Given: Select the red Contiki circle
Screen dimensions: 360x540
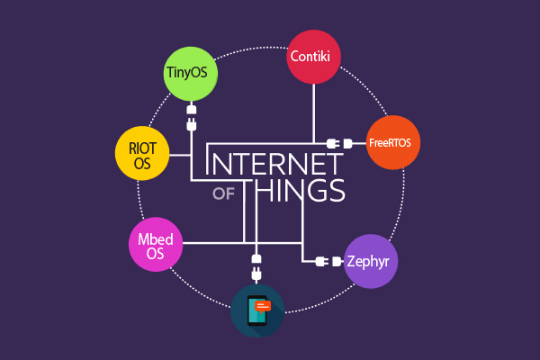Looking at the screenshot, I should click(x=314, y=56).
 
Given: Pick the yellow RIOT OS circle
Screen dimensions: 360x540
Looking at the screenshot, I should click(x=143, y=155).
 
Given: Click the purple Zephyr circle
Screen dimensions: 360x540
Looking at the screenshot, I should click(x=372, y=261).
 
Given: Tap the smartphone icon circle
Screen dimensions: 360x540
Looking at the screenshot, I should click(x=257, y=310).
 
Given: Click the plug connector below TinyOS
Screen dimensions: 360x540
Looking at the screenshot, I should click(x=191, y=117).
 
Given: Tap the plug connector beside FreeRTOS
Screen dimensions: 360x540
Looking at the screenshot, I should click(x=337, y=143).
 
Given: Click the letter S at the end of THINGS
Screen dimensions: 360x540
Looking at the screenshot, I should click(x=335, y=191).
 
